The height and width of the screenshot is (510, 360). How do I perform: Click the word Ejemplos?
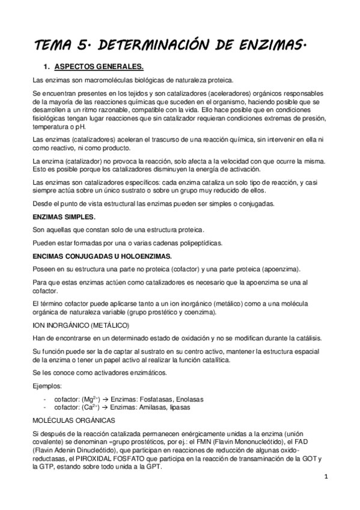tap(49, 384)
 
